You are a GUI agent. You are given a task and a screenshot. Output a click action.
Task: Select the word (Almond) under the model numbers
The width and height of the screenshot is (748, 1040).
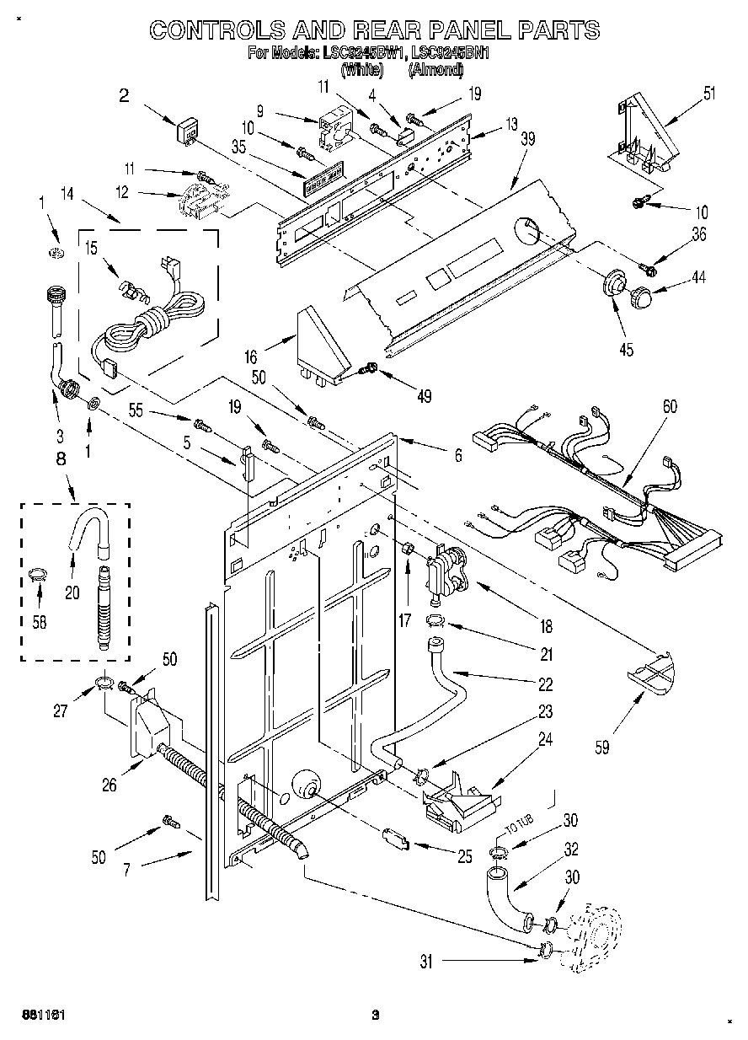tap(435, 70)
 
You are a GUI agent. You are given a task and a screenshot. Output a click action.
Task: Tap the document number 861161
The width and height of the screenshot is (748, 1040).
tap(45, 1014)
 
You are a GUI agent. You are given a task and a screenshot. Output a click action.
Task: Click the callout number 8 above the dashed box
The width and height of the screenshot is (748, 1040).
tap(60, 459)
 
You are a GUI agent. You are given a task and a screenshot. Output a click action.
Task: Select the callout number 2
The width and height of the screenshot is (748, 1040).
tap(124, 96)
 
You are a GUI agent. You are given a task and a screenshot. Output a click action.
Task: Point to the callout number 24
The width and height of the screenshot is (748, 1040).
tap(545, 741)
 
